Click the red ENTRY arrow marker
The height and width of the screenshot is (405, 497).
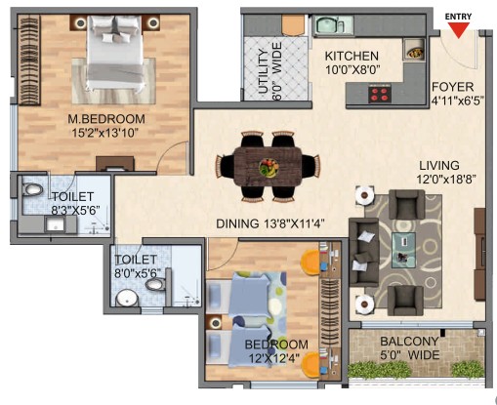(458, 30)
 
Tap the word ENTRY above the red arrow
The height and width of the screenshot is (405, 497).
(458, 17)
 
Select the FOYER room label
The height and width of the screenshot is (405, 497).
(452, 87)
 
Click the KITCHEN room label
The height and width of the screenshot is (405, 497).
(352, 56)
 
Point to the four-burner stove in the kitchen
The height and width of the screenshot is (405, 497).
(380, 93)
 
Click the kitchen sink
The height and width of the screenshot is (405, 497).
(333, 25)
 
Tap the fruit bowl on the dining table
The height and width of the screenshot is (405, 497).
(269, 168)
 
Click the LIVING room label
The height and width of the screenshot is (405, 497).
(439, 166)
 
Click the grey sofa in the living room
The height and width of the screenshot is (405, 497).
(364, 252)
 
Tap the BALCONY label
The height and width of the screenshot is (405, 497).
(409, 342)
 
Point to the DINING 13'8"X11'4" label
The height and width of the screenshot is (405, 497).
(270, 223)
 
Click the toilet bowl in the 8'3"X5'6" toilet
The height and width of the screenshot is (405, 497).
(32, 189)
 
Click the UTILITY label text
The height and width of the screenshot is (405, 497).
(264, 72)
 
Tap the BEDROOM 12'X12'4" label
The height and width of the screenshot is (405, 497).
(276, 351)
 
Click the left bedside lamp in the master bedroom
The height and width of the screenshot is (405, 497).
(80, 22)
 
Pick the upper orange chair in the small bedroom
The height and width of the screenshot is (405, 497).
(311, 263)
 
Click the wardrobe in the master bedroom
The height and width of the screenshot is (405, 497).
(29, 61)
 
